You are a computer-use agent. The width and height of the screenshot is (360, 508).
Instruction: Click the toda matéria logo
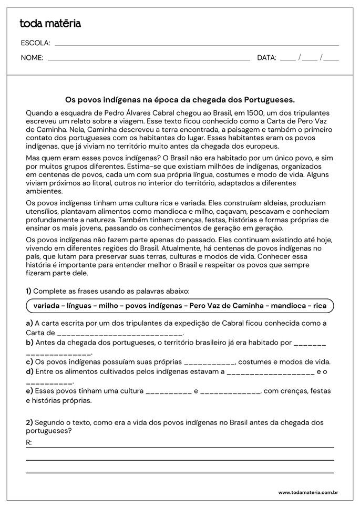[x=50, y=24]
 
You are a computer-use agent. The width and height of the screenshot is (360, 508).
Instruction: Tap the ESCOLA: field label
[x=35, y=43]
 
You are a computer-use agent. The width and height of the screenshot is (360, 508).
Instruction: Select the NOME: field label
[x=32, y=58]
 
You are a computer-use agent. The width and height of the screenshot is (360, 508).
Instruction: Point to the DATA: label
[x=266, y=58]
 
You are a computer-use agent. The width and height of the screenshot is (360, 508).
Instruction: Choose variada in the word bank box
[x=46, y=306]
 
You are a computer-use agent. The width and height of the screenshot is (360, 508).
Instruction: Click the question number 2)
[x=29, y=422]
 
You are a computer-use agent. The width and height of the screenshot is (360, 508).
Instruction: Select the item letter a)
[x=29, y=323]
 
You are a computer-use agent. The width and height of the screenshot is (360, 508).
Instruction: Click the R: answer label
[x=29, y=442]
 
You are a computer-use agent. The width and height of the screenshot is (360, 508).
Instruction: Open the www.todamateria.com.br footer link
[x=307, y=492]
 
